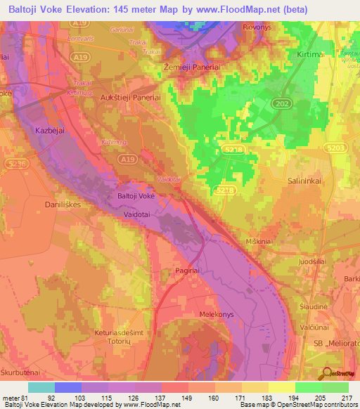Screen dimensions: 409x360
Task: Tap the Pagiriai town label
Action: [x=188, y=269]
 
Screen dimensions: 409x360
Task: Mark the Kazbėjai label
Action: [x=49, y=131]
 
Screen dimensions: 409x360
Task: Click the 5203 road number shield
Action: [x=335, y=147]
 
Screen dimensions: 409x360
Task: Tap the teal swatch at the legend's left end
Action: [x=41, y=387]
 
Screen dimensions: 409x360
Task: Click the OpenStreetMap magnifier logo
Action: [x=328, y=374]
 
